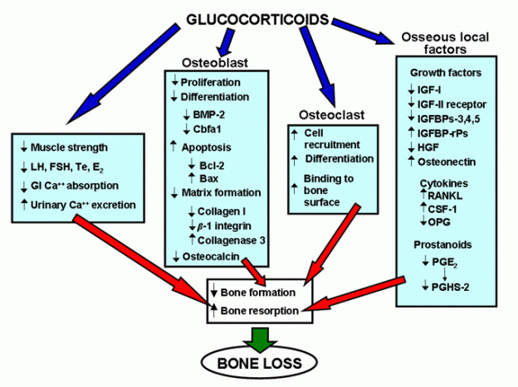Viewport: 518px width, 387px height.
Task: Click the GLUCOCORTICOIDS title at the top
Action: [x=258, y=19]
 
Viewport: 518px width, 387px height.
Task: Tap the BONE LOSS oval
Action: [x=260, y=363]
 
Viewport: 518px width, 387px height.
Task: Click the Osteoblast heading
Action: [x=215, y=62]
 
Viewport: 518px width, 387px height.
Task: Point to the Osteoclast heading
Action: [x=332, y=115]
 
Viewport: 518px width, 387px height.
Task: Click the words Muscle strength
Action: [x=69, y=148]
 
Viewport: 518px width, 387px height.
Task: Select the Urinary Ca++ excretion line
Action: [x=83, y=205]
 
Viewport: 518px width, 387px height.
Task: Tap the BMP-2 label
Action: [x=209, y=115]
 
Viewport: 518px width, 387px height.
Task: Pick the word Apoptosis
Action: [x=206, y=148]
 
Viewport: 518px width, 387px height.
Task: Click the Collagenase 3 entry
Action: [x=232, y=240]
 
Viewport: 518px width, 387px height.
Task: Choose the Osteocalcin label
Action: [x=211, y=256]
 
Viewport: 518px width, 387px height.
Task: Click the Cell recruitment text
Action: [x=332, y=139]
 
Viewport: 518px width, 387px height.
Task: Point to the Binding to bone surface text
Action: [x=329, y=191]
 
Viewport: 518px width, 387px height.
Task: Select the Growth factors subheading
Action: [x=446, y=73]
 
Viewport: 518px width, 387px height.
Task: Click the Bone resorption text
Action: [x=260, y=311]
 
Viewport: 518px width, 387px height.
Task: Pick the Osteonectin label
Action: [x=447, y=162]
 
